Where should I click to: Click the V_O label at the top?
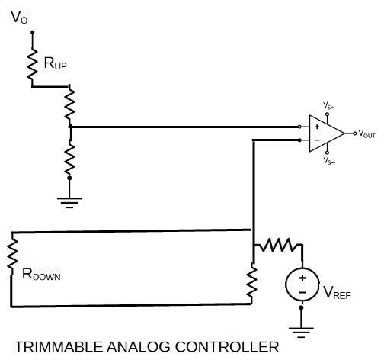tap(19, 17)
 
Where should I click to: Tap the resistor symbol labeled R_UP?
tap(32, 65)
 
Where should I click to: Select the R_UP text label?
tap(55, 66)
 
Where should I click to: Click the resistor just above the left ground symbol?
tap(69, 159)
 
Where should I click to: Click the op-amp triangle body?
tap(325, 133)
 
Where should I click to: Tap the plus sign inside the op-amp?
tap(316, 126)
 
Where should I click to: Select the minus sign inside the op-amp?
tap(316, 140)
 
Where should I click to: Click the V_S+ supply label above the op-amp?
tap(328, 105)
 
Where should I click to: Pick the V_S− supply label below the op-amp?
tap(328, 161)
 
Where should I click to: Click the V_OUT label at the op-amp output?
tap(366, 133)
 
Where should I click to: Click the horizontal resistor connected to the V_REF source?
tap(277, 245)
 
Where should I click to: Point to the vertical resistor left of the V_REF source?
tap(252, 280)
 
